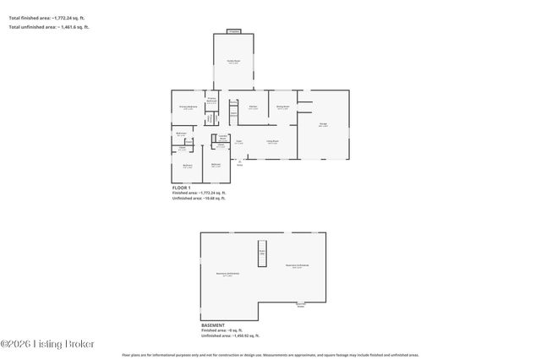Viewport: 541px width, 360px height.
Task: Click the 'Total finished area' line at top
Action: tap(46, 16)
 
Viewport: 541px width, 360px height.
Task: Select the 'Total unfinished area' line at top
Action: tap(48, 27)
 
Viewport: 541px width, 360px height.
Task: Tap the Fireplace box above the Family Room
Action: tap(234, 31)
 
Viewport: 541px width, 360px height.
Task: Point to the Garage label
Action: tap(323, 125)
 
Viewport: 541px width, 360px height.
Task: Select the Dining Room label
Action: tap(283, 106)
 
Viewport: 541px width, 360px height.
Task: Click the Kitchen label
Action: tap(254, 106)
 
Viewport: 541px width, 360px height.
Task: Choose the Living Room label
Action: tap(273, 142)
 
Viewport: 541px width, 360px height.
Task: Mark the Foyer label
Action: tap(239, 142)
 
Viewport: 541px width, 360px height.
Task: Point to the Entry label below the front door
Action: tap(240, 166)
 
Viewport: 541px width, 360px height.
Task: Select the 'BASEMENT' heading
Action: tap(213, 325)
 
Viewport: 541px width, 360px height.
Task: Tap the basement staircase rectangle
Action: tap(262, 252)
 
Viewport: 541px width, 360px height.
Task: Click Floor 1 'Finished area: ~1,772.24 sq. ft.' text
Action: tap(199, 193)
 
